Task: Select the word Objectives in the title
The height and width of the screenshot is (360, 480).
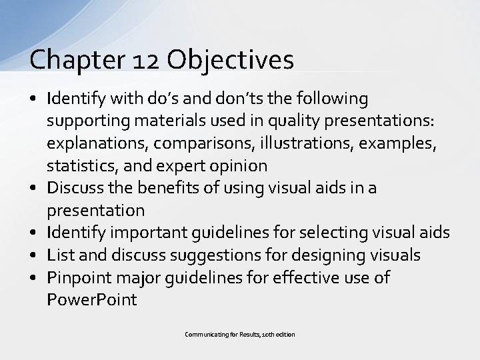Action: click(x=231, y=60)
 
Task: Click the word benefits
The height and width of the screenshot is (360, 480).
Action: click(x=169, y=188)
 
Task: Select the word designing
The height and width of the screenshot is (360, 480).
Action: click(x=315, y=255)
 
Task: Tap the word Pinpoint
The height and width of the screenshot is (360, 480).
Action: click(x=79, y=277)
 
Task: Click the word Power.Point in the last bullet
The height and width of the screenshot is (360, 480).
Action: click(x=92, y=300)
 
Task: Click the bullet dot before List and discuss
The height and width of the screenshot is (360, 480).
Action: click(x=33, y=255)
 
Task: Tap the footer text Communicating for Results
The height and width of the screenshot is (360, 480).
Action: click(x=221, y=334)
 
